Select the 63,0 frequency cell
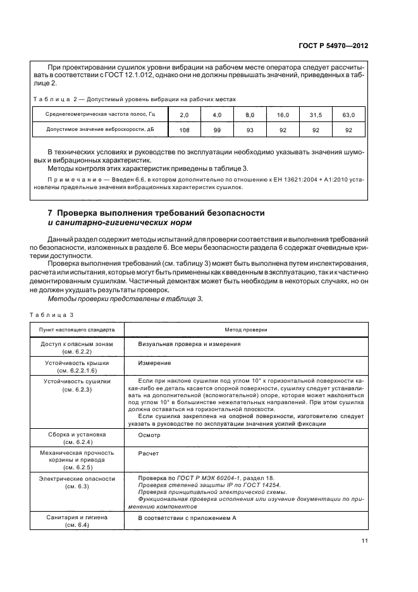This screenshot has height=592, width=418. [348, 114]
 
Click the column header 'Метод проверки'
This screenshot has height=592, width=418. [246, 330]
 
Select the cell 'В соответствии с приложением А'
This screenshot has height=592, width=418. [187, 518]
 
